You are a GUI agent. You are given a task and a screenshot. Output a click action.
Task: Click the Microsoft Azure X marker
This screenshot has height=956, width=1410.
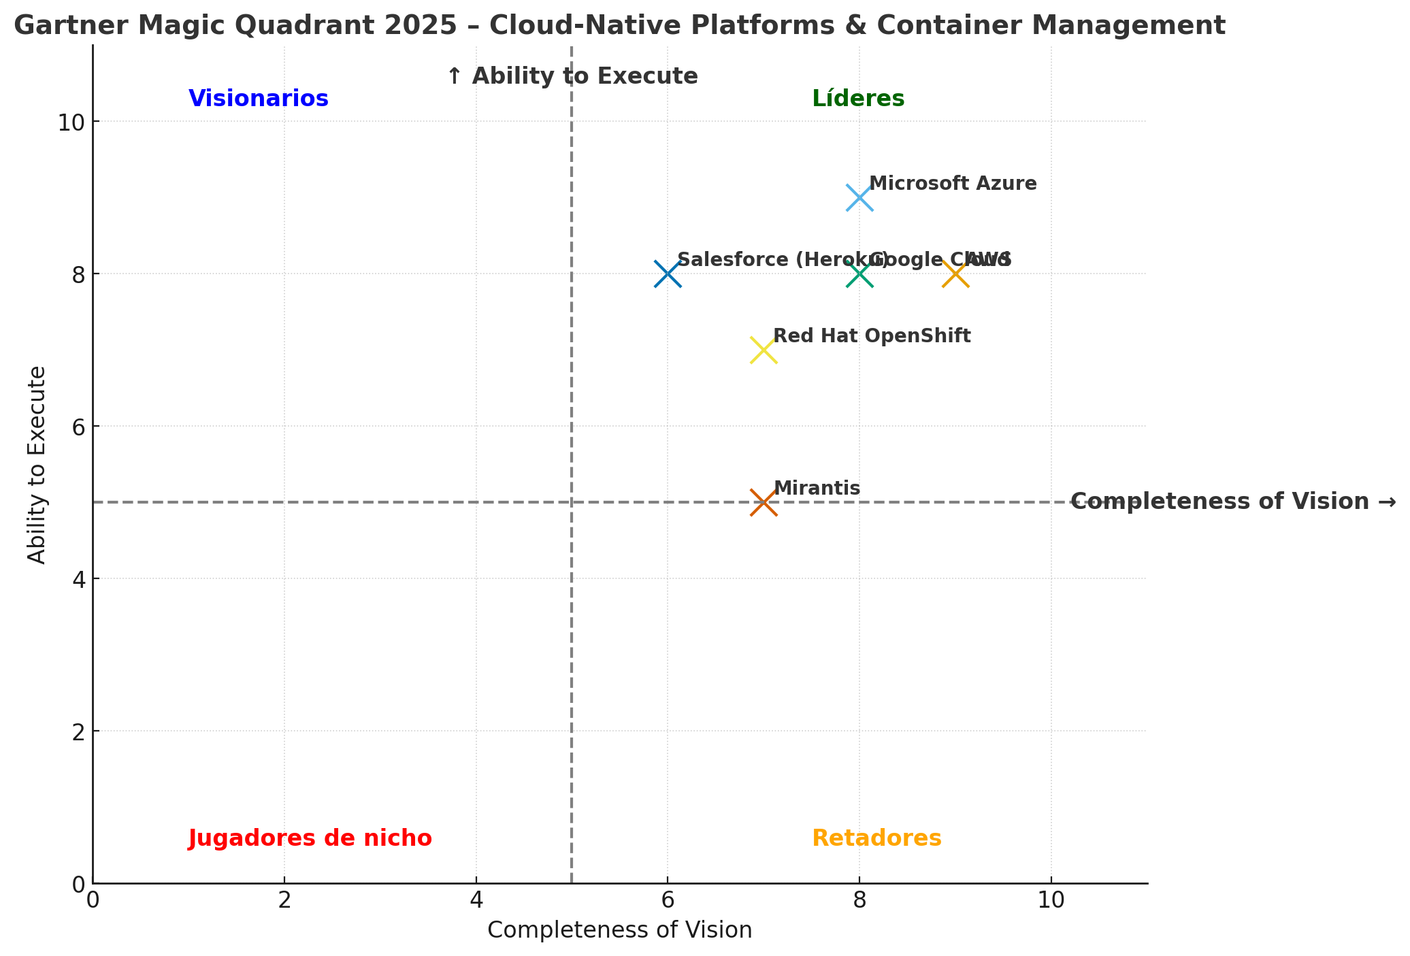pyautogui.click(x=859, y=197)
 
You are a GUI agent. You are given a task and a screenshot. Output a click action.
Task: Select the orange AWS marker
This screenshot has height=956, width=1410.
pyautogui.click(x=955, y=274)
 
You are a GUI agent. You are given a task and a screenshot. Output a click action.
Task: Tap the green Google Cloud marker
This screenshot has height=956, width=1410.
pyautogui.click(x=859, y=274)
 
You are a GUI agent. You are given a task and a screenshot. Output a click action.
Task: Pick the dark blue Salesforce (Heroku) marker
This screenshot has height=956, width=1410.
pyautogui.click(x=668, y=274)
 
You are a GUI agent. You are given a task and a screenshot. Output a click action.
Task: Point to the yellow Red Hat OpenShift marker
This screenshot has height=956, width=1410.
pyautogui.click(x=764, y=350)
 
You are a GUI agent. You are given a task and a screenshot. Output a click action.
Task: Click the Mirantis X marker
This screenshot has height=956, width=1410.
pyautogui.click(x=764, y=503)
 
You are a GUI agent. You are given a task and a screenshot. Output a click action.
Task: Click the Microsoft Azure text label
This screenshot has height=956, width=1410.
pyautogui.click(x=953, y=184)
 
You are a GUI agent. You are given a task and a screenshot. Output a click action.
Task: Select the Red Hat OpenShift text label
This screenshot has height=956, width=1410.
pyautogui.click(x=872, y=336)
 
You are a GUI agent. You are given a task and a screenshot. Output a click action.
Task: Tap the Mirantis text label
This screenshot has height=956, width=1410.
pyautogui.click(x=817, y=489)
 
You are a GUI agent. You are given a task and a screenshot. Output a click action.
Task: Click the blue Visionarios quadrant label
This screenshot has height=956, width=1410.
pyautogui.click(x=259, y=99)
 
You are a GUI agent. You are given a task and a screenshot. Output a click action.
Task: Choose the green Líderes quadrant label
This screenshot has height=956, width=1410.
pyautogui.click(x=858, y=99)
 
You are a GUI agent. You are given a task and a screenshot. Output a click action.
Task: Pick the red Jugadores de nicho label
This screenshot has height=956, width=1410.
pyautogui.click(x=310, y=838)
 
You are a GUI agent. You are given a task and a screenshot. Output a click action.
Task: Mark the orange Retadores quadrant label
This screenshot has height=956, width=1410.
pyautogui.click(x=876, y=838)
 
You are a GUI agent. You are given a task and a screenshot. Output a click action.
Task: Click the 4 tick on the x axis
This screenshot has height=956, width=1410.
pyautogui.click(x=476, y=901)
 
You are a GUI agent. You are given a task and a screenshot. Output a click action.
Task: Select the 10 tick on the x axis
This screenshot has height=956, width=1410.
pyautogui.click(x=1051, y=901)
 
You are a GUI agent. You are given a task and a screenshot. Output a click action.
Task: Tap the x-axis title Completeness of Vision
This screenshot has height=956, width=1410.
pyautogui.click(x=619, y=930)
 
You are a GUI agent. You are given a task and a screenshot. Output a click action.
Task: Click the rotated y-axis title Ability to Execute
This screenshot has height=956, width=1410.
pyautogui.click(x=37, y=465)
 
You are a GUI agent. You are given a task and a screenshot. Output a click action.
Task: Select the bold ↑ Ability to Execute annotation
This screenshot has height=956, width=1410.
pyautogui.click(x=572, y=76)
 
